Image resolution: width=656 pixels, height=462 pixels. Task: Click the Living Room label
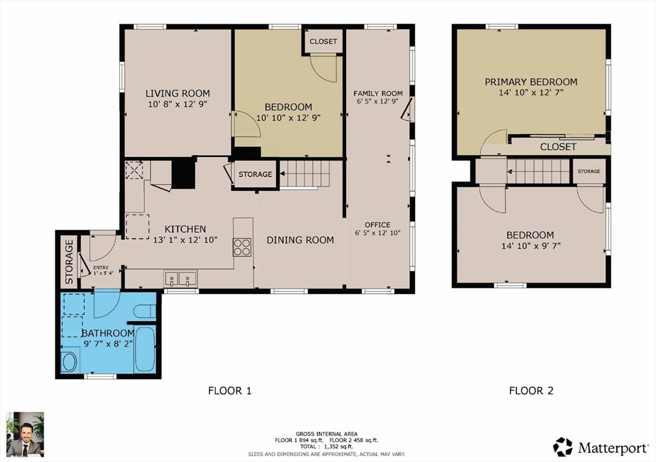[177, 94]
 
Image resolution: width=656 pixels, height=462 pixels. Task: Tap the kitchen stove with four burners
[242, 247]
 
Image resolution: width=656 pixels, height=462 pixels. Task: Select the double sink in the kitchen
[181, 279]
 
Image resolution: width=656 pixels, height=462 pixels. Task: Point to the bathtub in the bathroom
[145, 350]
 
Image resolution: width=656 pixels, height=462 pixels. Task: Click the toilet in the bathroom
[145, 311]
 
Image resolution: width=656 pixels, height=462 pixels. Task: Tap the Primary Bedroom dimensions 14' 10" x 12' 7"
[531, 92]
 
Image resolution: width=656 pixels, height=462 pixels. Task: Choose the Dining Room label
[300, 240]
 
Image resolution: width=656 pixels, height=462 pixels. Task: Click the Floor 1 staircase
[304, 174]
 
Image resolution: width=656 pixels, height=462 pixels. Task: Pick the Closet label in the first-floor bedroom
[323, 42]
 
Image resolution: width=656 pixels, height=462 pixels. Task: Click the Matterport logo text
[613, 449]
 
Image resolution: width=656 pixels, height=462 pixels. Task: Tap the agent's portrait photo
[25, 434]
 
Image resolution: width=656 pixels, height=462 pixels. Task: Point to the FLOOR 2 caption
[531, 391]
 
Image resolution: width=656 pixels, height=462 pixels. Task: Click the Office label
[377, 225]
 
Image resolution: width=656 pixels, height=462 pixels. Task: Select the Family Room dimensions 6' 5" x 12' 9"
[377, 101]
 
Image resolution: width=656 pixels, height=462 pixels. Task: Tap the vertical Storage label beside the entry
[69, 262]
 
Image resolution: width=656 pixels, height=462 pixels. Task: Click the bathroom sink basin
[69, 361]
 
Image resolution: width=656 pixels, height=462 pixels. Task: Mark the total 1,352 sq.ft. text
[326, 447]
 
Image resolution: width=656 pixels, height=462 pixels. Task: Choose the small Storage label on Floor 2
[589, 171]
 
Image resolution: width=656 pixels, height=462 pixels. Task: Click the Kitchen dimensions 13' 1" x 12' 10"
[185, 240]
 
